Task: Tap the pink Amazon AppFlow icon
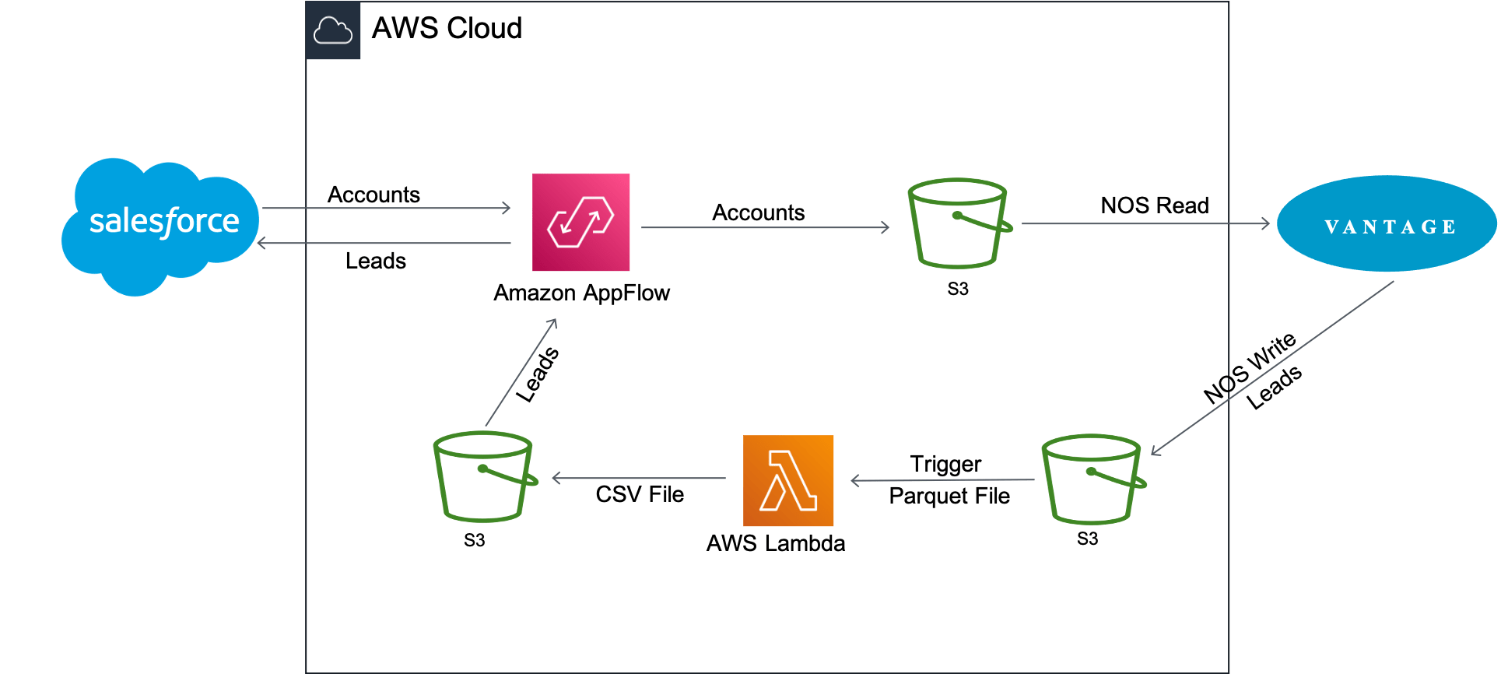[x=580, y=223]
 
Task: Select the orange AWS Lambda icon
[x=788, y=481]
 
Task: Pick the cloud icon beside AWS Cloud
[x=333, y=31]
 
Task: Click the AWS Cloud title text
[x=447, y=29]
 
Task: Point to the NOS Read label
[x=1154, y=205]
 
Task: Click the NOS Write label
[x=1250, y=367]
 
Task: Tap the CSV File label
[x=640, y=494]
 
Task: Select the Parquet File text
[x=949, y=496]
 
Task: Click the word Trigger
[x=945, y=464]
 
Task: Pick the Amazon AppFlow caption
[x=581, y=293]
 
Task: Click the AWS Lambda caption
[x=775, y=543]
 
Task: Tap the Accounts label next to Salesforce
[x=373, y=195]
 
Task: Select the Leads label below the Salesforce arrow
[x=376, y=261]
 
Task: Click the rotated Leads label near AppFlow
[x=538, y=374]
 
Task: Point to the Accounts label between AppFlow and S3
[x=758, y=212]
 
